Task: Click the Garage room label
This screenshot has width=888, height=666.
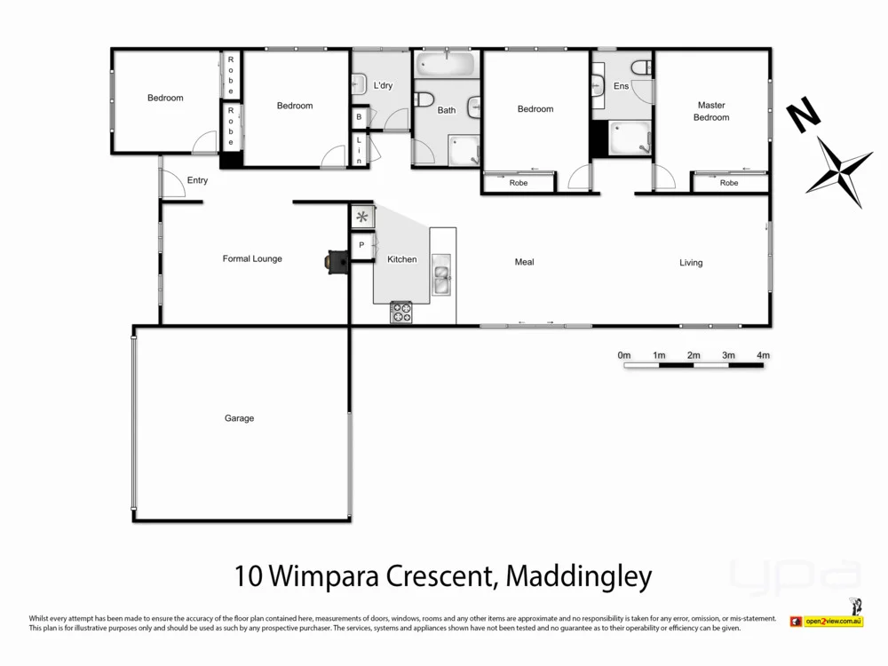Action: (x=239, y=418)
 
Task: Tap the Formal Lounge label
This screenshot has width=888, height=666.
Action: (x=252, y=259)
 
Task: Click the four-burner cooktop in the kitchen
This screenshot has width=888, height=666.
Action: (x=401, y=313)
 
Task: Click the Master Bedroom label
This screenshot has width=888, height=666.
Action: (x=711, y=111)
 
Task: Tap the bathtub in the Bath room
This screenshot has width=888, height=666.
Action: (x=447, y=65)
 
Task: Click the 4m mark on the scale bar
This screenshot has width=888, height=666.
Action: (x=763, y=355)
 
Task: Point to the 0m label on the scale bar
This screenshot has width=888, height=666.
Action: (x=624, y=355)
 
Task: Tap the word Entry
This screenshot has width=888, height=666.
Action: (x=197, y=180)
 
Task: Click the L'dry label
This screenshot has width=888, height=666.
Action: (x=383, y=85)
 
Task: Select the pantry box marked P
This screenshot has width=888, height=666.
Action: (x=361, y=245)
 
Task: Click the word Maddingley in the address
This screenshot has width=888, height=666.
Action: (x=578, y=576)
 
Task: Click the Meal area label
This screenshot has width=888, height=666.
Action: (x=525, y=262)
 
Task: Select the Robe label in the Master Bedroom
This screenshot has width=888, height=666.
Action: (x=729, y=183)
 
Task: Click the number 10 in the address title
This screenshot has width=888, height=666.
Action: (x=249, y=576)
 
